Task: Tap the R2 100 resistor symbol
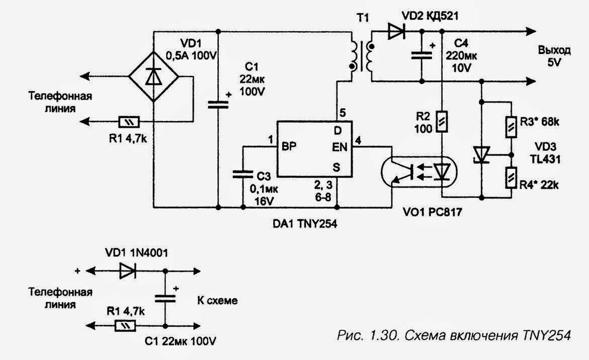click(442, 121)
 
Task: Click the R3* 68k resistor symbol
click(511, 127)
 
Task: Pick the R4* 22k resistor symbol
click(511, 177)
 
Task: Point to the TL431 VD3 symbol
click(481, 155)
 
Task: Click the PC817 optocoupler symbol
click(419, 172)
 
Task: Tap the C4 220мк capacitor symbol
click(422, 55)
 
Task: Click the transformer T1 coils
click(362, 56)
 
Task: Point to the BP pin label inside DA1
click(289, 147)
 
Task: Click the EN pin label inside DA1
click(340, 147)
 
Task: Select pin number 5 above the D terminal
click(342, 112)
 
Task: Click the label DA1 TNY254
click(305, 224)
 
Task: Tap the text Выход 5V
click(554, 56)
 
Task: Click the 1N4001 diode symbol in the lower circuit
click(128, 271)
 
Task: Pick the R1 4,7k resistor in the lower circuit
click(125, 326)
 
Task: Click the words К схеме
click(217, 300)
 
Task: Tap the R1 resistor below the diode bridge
click(129, 122)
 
